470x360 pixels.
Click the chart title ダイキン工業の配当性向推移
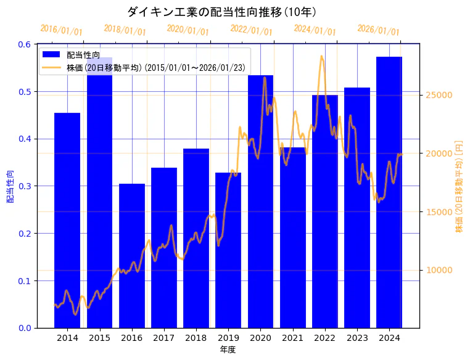pos(222,12)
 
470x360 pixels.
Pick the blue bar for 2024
pos(389,192)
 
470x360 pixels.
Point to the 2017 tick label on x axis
pos(163,338)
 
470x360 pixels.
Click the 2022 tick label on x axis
pos(324,338)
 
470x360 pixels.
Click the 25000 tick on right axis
pos(440,95)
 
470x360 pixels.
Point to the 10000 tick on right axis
pos(440,270)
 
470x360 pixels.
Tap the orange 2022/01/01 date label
pos(251,30)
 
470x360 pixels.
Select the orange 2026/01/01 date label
pos(378,30)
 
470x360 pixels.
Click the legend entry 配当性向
pos(83,55)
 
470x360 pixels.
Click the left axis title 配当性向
pos(10,186)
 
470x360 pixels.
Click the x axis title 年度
pos(228,350)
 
